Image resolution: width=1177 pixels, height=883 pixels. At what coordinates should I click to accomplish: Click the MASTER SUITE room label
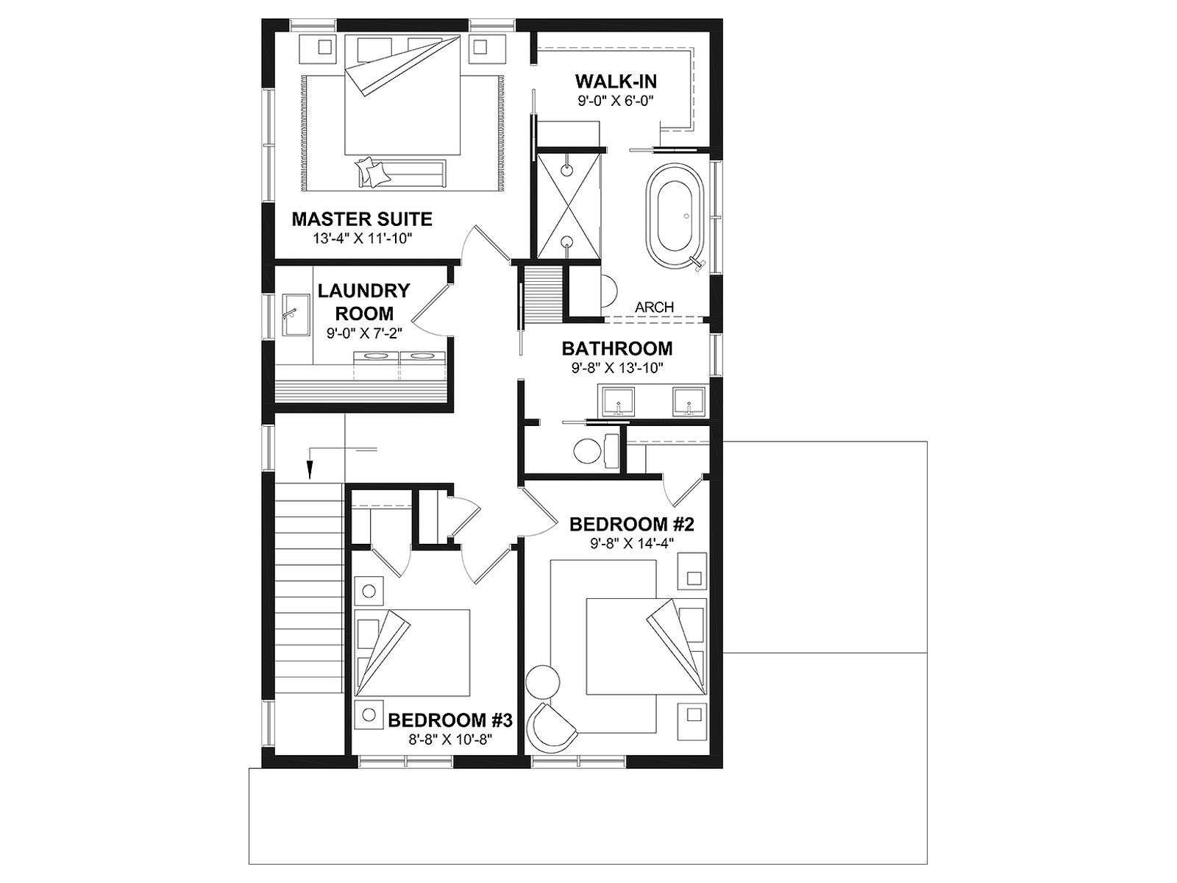point(362,219)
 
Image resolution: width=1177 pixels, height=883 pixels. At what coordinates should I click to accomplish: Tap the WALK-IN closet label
point(616,82)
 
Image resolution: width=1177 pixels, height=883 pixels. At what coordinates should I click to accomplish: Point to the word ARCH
point(654,307)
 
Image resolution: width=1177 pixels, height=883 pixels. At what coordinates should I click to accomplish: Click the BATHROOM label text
point(616,349)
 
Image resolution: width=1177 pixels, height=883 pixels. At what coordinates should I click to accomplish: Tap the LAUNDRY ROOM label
point(363,302)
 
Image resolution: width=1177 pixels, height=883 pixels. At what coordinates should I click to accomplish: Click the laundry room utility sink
point(296,315)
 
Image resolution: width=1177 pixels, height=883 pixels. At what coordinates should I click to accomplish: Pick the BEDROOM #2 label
point(631,524)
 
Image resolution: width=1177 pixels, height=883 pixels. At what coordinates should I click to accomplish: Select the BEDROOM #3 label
point(450,720)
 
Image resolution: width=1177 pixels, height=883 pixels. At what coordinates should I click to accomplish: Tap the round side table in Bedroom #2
point(543,681)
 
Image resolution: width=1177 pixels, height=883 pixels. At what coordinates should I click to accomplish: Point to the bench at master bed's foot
point(401,173)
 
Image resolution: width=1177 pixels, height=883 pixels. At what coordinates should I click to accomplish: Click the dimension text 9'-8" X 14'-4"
point(631,543)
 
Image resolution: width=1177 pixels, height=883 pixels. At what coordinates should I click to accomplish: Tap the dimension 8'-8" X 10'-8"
point(450,740)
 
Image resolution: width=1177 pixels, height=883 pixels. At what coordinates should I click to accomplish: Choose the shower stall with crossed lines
point(569,205)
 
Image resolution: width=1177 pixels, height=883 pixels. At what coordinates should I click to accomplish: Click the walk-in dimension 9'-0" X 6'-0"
point(616,100)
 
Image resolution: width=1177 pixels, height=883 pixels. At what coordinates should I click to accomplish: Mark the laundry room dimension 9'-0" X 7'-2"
point(364,333)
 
